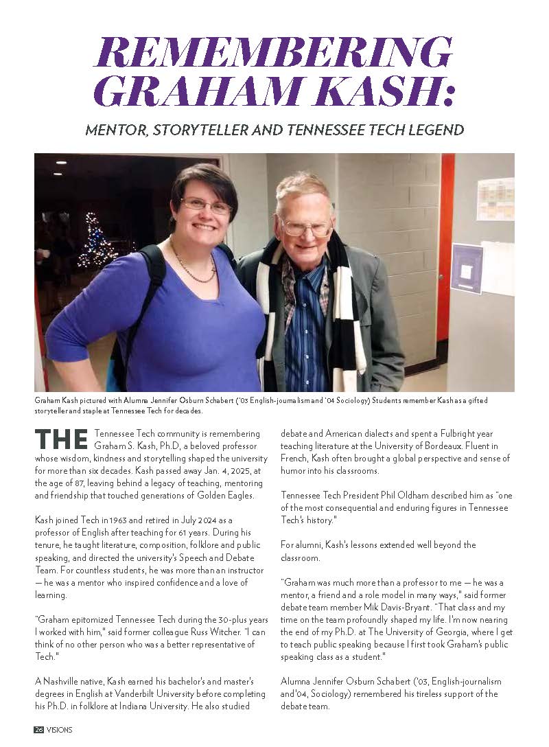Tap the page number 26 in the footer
click(39, 730)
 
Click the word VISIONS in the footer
click(59, 730)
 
